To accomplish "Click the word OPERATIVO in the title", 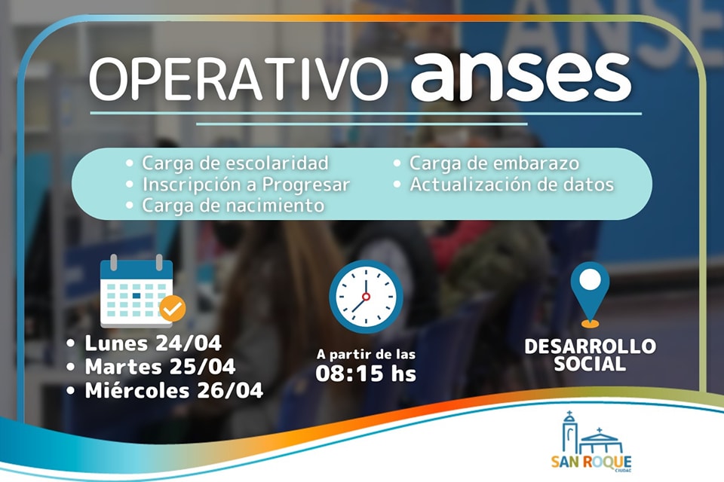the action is point(238,78).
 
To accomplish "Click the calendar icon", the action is point(137,291).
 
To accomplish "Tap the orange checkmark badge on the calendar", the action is point(173,309).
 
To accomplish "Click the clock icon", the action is point(366,297).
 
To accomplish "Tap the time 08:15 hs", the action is point(366,374).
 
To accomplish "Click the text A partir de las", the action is point(366,354).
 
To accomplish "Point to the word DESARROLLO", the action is point(590,346).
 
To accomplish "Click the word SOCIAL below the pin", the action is point(590,364).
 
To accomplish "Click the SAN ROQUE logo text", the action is point(591,462).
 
